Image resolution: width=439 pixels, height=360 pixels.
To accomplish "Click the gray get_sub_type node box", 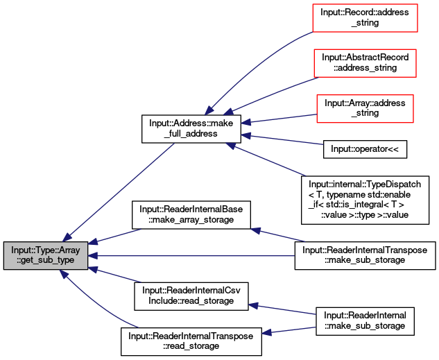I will click(46, 256).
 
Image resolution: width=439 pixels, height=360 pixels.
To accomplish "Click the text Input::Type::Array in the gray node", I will click(46, 250).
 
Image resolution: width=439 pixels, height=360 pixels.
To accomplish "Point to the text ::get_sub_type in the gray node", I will click(46, 261).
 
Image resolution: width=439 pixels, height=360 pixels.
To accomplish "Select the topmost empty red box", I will click(365, 18).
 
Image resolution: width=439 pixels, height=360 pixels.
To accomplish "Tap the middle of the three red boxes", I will click(365, 63).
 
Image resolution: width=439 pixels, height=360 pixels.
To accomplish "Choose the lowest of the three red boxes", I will click(365, 109).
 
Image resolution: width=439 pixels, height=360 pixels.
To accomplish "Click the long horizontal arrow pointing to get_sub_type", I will click(194, 256).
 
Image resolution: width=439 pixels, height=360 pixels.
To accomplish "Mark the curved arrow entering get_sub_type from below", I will click(97, 306).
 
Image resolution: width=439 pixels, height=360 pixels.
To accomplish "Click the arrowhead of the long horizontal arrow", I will click(93, 256).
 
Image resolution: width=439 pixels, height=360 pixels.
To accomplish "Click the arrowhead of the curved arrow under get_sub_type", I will click(63, 275).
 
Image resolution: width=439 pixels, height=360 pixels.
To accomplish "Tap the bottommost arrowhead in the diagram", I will click(266, 334).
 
